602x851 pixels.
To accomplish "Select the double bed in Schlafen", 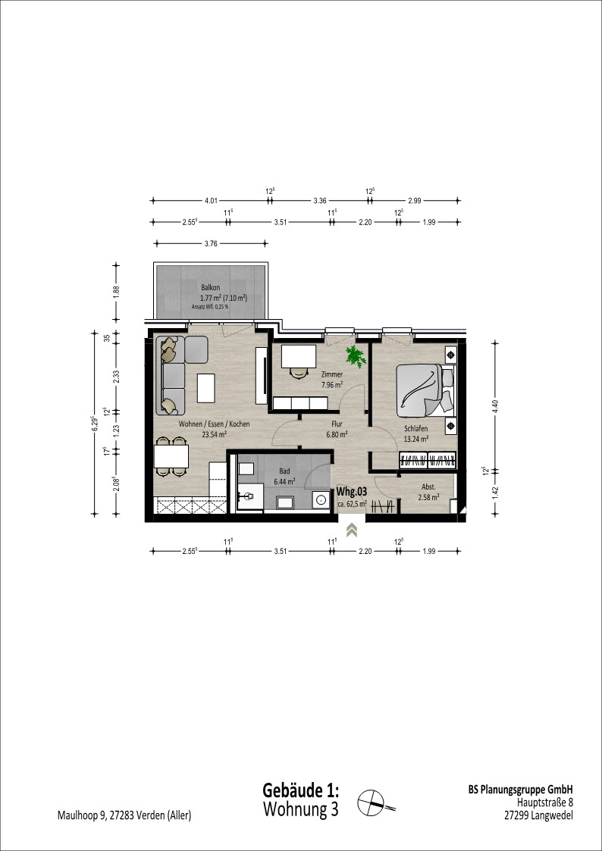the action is [x=426, y=389].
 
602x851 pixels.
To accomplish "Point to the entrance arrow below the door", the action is [x=352, y=529].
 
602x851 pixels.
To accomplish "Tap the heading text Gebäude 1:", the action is [x=301, y=789].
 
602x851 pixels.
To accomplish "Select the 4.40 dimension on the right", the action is [x=495, y=405].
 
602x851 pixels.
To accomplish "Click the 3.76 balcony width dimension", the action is [x=211, y=244].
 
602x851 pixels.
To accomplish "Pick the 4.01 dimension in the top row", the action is [x=212, y=201].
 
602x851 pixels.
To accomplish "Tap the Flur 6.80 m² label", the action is [x=337, y=430].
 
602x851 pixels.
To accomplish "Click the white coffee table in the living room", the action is [x=205, y=388].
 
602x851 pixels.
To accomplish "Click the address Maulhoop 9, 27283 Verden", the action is [x=124, y=815].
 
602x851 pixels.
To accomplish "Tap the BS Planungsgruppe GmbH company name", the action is [x=520, y=790].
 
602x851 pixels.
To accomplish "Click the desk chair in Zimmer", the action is [x=297, y=372].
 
